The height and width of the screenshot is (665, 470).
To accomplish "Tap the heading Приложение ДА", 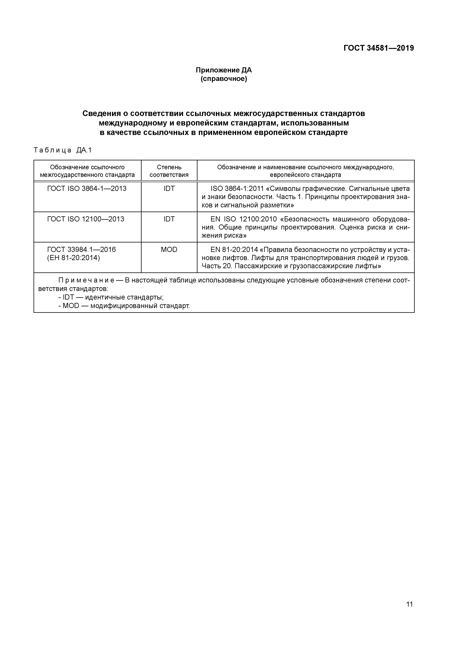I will point(224,70).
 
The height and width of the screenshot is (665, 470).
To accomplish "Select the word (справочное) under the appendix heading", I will point(224,79).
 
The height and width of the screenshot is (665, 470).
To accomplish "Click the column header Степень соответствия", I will point(169,171).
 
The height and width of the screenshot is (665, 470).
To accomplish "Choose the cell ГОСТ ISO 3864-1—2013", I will point(87,189).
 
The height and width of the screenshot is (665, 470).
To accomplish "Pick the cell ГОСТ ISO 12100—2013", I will point(85,219).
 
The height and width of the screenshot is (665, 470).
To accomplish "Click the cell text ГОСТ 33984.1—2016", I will point(81,249).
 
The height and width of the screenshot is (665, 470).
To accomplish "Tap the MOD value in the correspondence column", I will point(169,249).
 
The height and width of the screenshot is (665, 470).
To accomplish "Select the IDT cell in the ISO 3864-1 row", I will point(169,189).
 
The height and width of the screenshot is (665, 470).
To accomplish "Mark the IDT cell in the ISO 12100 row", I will point(169,219).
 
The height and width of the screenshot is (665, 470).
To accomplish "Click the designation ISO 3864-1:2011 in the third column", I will point(237,189).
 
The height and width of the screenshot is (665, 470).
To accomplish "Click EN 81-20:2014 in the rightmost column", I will point(234,249).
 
